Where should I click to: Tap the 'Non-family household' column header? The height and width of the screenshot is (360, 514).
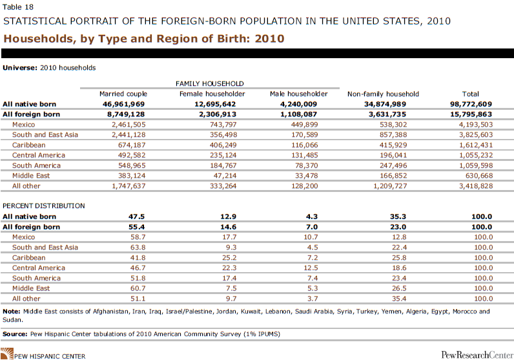point(383,94)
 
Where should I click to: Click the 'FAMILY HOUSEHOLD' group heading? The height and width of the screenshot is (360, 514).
point(210,83)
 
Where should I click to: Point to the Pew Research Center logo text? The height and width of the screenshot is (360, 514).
point(475,354)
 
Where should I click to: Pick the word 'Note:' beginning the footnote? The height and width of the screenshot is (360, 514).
point(12,312)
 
